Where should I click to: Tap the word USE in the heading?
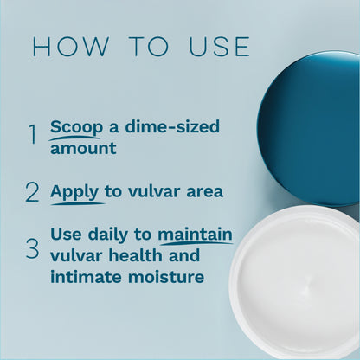point(214,48)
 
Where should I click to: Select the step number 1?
point(32,136)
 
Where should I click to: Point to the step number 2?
point(32,191)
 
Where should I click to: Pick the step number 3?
point(32,249)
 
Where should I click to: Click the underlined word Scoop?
point(75,127)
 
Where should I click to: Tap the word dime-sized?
point(171,127)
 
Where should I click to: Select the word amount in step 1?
point(82,148)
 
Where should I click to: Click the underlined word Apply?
point(74,190)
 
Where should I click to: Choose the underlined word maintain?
point(195,234)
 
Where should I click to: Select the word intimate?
point(87,277)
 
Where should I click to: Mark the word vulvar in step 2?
point(148,190)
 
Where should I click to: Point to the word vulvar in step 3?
point(76,255)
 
